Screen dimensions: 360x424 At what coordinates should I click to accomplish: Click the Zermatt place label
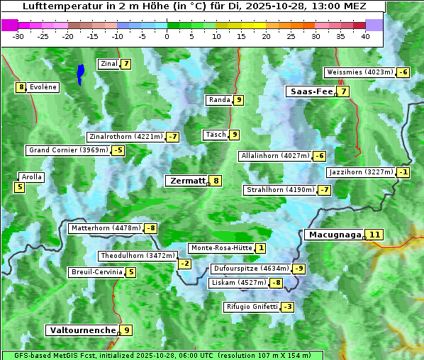[x=186, y=181]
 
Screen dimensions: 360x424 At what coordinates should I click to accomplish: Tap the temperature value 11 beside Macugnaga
[x=374, y=235]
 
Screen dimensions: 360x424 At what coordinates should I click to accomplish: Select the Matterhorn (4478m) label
[x=105, y=228]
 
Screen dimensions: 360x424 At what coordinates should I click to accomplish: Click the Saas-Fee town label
[x=310, y=91]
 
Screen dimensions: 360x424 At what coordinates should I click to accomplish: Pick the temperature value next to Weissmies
[x=403, y=72]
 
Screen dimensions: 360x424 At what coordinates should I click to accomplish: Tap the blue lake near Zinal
[x=81, y=72]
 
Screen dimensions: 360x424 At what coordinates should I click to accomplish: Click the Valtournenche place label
[x=82, y=330]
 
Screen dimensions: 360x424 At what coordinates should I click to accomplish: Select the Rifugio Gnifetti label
[x=252, y=307]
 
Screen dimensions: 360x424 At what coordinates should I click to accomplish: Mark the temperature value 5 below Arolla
[x=19, y=187]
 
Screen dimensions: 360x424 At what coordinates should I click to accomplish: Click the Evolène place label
[x=43, y=87]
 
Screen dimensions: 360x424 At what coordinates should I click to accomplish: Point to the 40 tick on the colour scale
[x=365, y=35]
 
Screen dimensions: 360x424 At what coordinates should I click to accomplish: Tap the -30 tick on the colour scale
[x=18, y=35]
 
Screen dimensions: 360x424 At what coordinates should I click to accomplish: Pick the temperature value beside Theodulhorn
[x=184, y=264]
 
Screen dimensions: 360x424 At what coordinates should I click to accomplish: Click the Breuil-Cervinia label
[x=95, y=272]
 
